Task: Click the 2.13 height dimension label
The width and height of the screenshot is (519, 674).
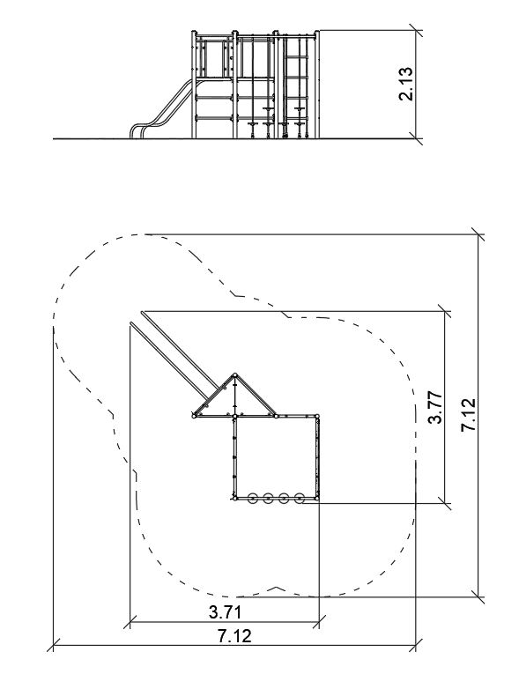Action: click(x=405, y=84)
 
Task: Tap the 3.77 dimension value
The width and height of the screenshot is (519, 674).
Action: click(x=434, y=407)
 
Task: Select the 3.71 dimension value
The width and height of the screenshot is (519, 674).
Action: click(x=225, y=612)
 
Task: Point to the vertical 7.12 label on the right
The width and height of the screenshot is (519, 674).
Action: click(x=468, y=414)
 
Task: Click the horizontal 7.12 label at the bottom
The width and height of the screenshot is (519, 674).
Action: click(x=234, y=636)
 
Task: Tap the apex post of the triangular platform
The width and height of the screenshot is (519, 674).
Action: click(x=234, y=375)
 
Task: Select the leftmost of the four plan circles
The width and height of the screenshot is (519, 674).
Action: click(x=252, y=498)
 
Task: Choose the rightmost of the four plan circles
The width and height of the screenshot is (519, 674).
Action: click(x=300, y=498)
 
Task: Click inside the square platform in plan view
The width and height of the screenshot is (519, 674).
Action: click(x=276, y=457)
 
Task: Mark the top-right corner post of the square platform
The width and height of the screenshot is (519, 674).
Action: click(x=317, y=416)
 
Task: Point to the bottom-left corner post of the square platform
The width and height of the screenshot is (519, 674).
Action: click(x=234, y=498)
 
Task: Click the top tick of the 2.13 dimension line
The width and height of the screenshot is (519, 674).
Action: click(x=415, y=31)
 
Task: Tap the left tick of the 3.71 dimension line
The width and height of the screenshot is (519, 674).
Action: click(x=130, y=621)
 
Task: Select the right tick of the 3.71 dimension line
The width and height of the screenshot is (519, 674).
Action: click(x=319, y=621)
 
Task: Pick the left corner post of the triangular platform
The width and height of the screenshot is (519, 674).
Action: click(x=194, y=416)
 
